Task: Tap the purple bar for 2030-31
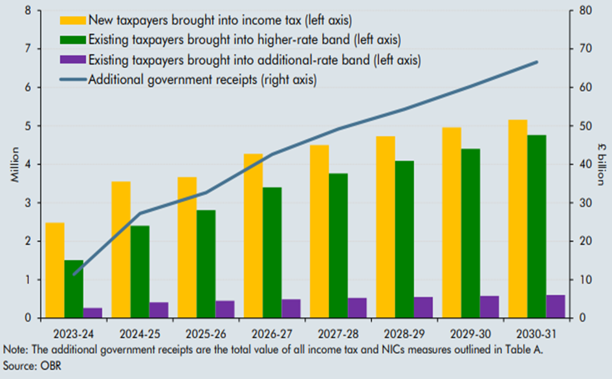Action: (x=555, y=307)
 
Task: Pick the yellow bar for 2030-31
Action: (x=518, y=219)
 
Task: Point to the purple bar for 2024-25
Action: (x=158, y=310)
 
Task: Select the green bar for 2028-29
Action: (x=386, y=239)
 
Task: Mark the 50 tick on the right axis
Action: (x=585, y=125)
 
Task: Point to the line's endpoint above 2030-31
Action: (x=537, y=62)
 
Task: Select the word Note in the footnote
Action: (x=14, y=350)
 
